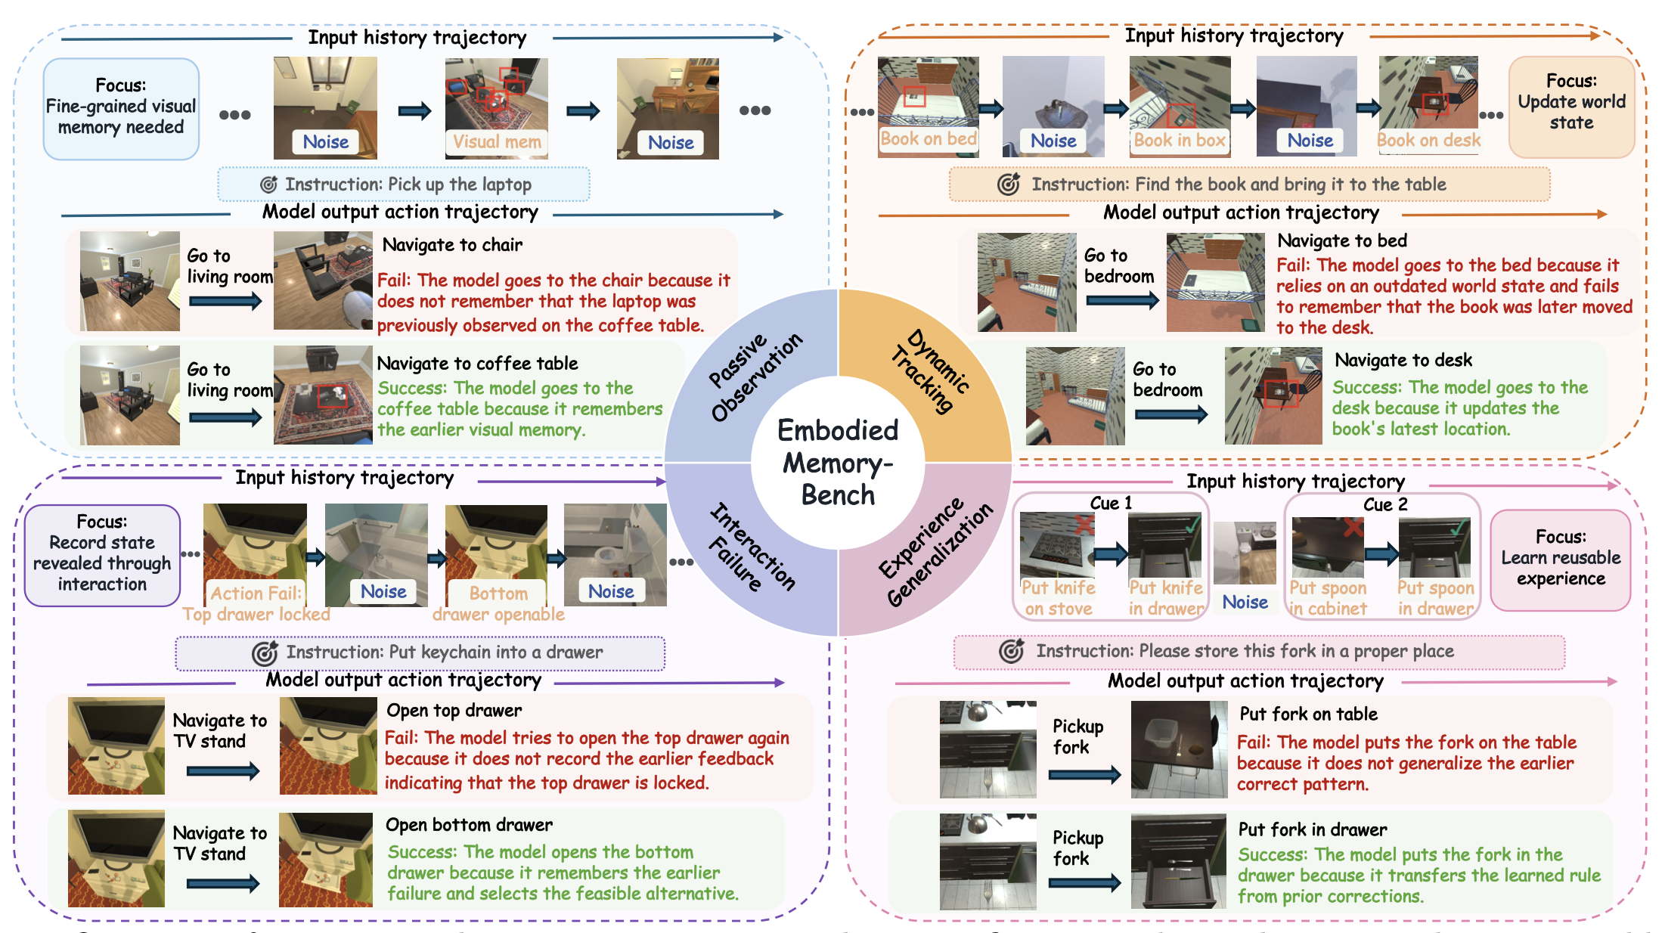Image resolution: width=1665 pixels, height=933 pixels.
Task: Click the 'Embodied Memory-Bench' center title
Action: pyautogui.click(x=838, y=463)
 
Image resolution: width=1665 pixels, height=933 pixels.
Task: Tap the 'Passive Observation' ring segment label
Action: pyautogui.click(x=755, y=376)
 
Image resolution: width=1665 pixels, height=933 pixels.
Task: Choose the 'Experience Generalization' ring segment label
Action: pyautogui.click(x=935, y=553)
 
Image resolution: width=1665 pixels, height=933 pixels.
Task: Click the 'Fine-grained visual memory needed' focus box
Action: pyautogui.click(x=121, y=109)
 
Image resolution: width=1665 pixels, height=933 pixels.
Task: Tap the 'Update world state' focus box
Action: pyautogui.click(x=1571, y=107)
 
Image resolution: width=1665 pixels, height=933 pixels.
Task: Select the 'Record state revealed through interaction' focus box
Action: pyautogui.click(x=102, y=555)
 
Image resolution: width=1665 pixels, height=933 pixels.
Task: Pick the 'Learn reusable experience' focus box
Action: pyautogui.click(x=1561, y=560)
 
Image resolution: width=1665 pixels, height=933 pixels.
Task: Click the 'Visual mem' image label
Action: pyautogui.click(x=497, y=141)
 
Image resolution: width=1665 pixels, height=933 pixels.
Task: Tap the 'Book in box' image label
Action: pyautogui.click(x=1179, y=140)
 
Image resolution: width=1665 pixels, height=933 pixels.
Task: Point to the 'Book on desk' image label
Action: pyautogui.click(x=1428, y=140)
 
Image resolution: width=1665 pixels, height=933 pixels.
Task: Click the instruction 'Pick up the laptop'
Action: pyautogui.click(x=460, y=184)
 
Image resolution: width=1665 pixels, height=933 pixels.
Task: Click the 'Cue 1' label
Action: pyautogui.click(x=1111, y=503)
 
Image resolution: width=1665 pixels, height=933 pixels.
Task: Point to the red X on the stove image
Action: pyautogui.click(x=1084, y=524)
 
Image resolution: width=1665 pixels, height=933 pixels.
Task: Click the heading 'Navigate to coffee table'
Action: pyautogui.click(x=477, y=363)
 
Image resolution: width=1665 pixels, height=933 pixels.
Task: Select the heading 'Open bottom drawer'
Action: pyautogui.click(x=469, y=824)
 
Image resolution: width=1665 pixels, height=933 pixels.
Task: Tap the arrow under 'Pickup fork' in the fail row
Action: pyautogui.click(x=1085, y=773)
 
